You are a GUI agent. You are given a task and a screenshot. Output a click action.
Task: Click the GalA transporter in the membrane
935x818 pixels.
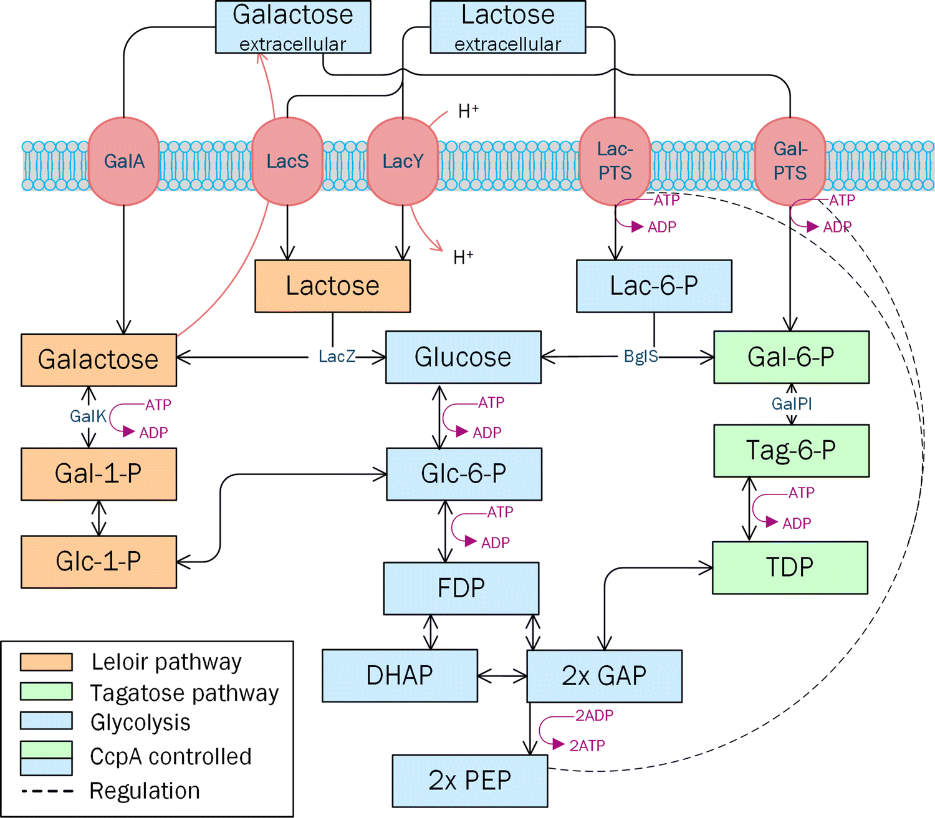click(x=123, y=161)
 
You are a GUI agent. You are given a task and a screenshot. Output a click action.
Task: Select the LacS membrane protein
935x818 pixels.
click(x=287, y=161)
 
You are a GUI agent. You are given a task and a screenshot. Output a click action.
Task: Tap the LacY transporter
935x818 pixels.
click(x=403, y=161)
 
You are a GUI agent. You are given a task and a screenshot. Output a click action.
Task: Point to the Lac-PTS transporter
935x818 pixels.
click(x=615, y=161)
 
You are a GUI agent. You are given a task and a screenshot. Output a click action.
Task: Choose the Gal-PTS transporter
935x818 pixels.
click(x=790, y=161)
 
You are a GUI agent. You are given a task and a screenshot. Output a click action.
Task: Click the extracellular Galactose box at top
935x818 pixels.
click(x=293, y=27)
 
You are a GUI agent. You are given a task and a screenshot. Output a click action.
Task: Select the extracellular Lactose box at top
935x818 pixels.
click(x=508, y=27)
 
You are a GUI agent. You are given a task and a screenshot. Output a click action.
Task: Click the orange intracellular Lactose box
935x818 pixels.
click(x=332, y=286)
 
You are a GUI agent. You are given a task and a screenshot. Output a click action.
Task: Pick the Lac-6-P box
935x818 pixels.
click(x=654, y=286)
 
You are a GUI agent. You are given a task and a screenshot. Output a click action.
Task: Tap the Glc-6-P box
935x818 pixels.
click(x=464, y=474)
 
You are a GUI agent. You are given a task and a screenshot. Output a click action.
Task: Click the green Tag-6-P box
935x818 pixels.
click(x=791, y=451)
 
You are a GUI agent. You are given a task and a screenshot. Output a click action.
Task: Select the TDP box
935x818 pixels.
click(x=790, y=567)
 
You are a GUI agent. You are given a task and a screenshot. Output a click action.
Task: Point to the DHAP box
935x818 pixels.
click(x=400, y=676)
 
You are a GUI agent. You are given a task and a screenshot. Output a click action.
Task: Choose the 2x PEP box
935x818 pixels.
click(x=470, y=781)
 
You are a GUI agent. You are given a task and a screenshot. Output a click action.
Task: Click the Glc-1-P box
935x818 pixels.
click(x=98, y=562)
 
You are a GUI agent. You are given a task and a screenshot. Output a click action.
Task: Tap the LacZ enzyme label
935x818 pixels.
click(x=337, y=357)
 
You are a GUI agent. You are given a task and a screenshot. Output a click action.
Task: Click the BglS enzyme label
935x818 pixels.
click(x=641, y=357)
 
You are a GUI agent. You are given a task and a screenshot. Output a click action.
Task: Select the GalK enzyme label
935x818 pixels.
click(x=88, y=416)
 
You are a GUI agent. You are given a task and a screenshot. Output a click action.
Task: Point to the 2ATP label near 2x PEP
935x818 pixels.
click(x=587, y=746)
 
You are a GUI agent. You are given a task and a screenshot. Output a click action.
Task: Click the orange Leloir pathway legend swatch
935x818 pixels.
click(x=46, y=662)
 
